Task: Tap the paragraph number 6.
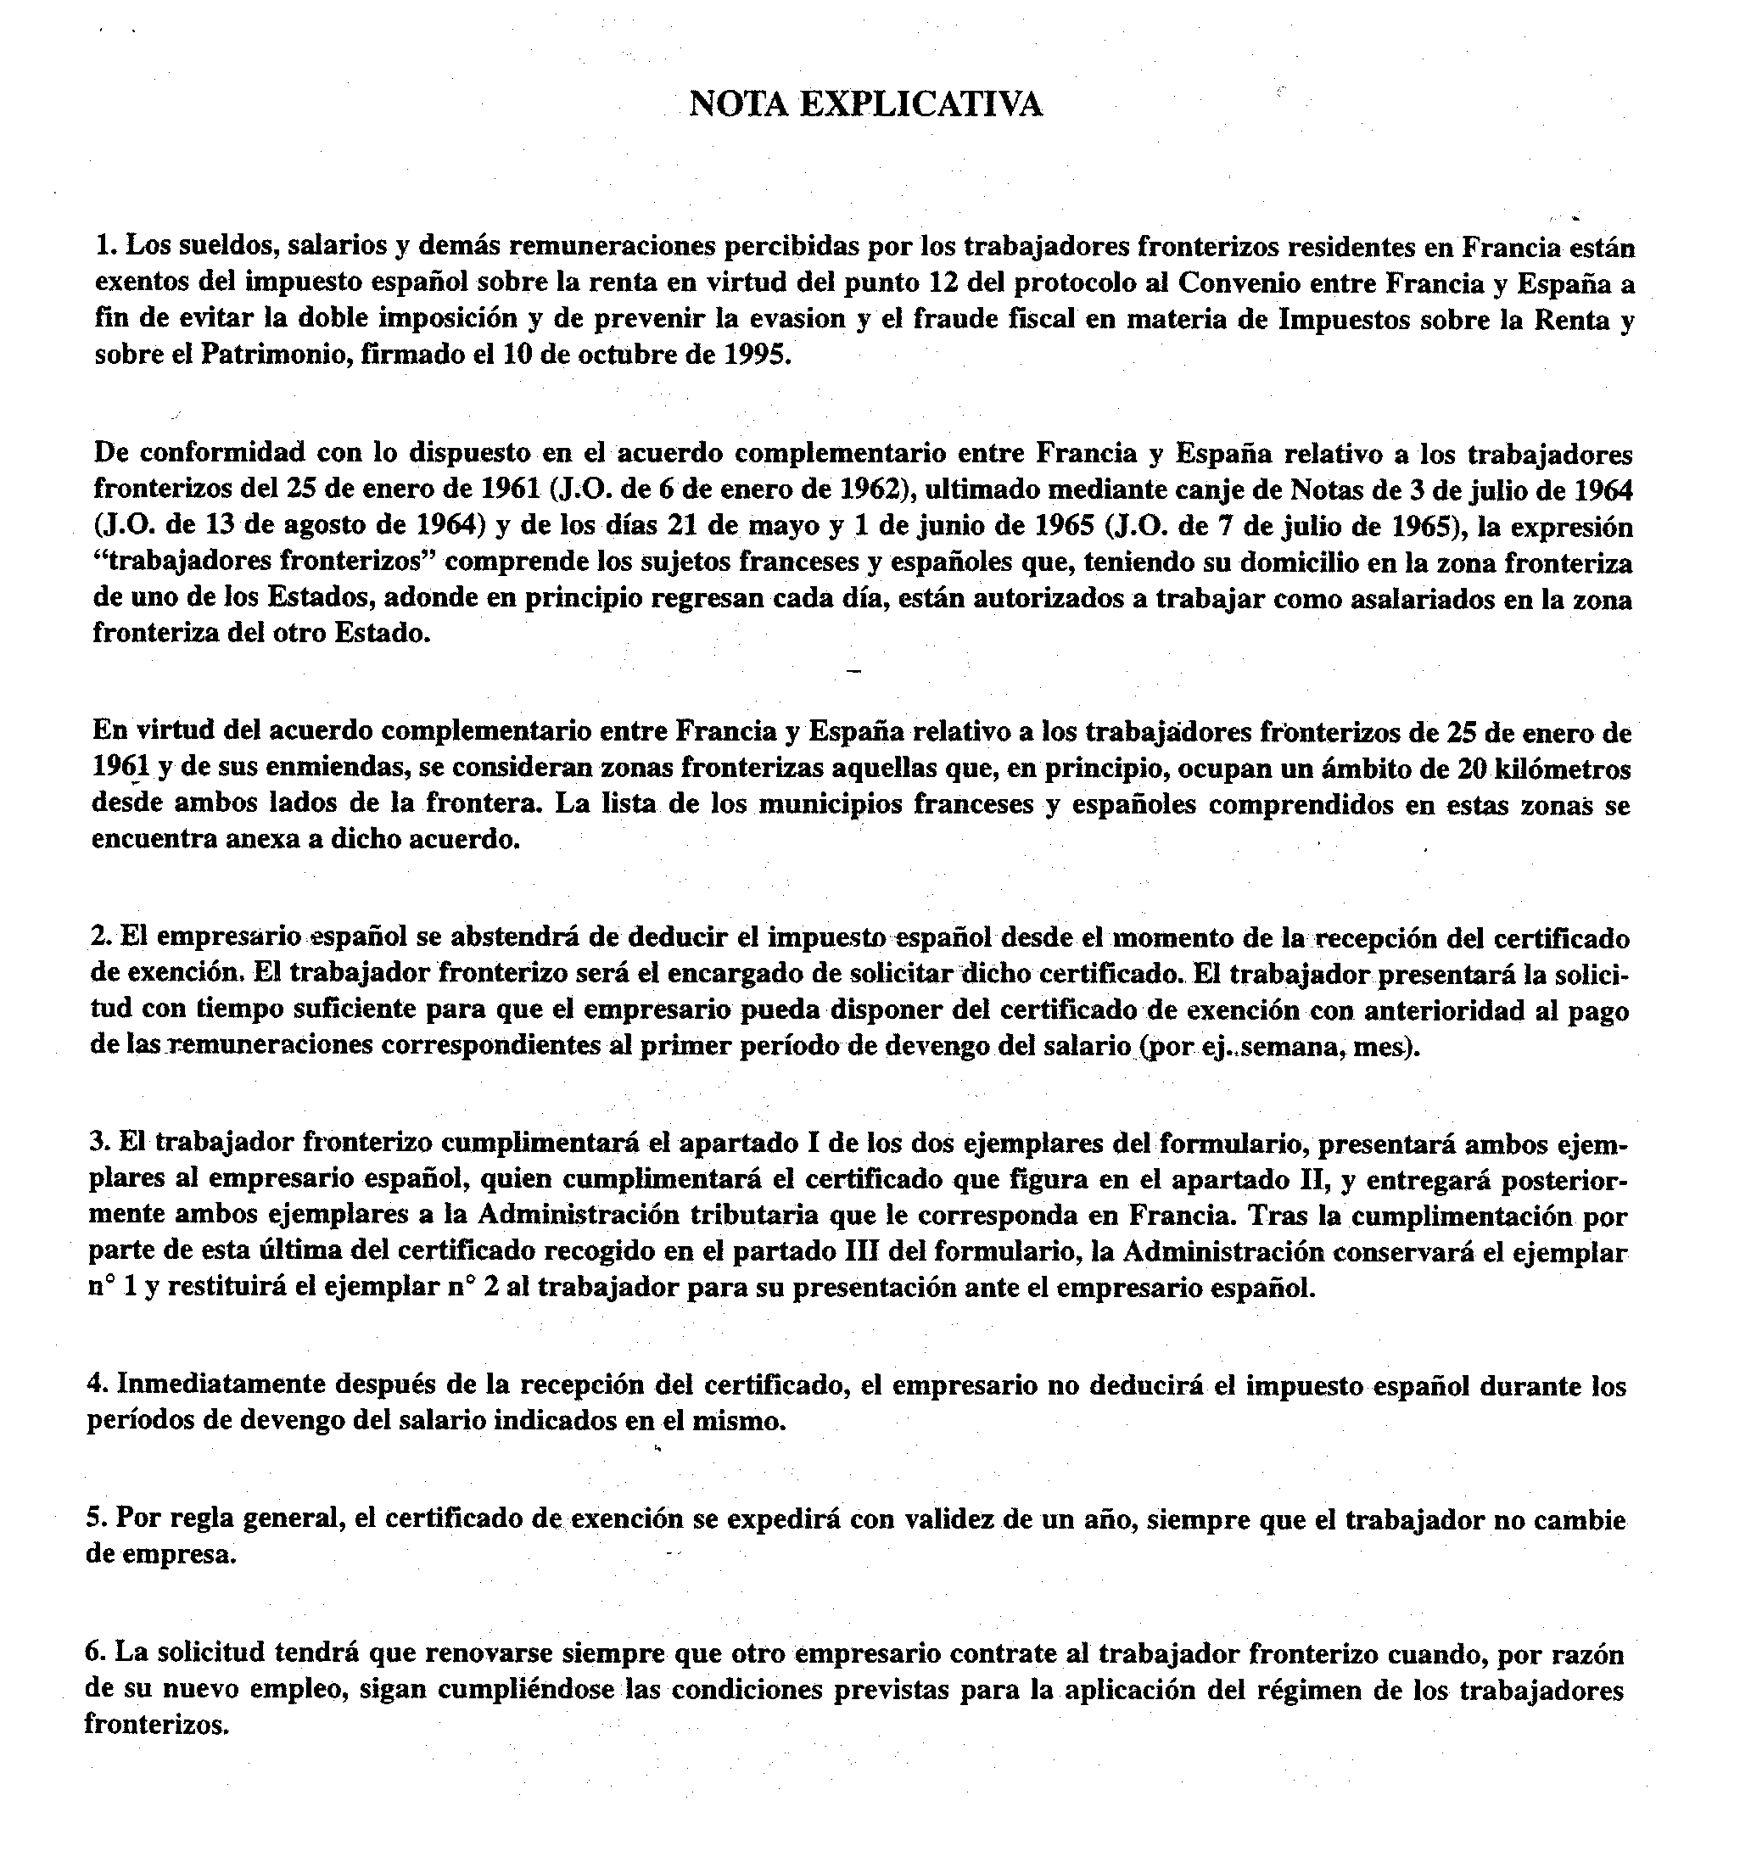click(92, 1654)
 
